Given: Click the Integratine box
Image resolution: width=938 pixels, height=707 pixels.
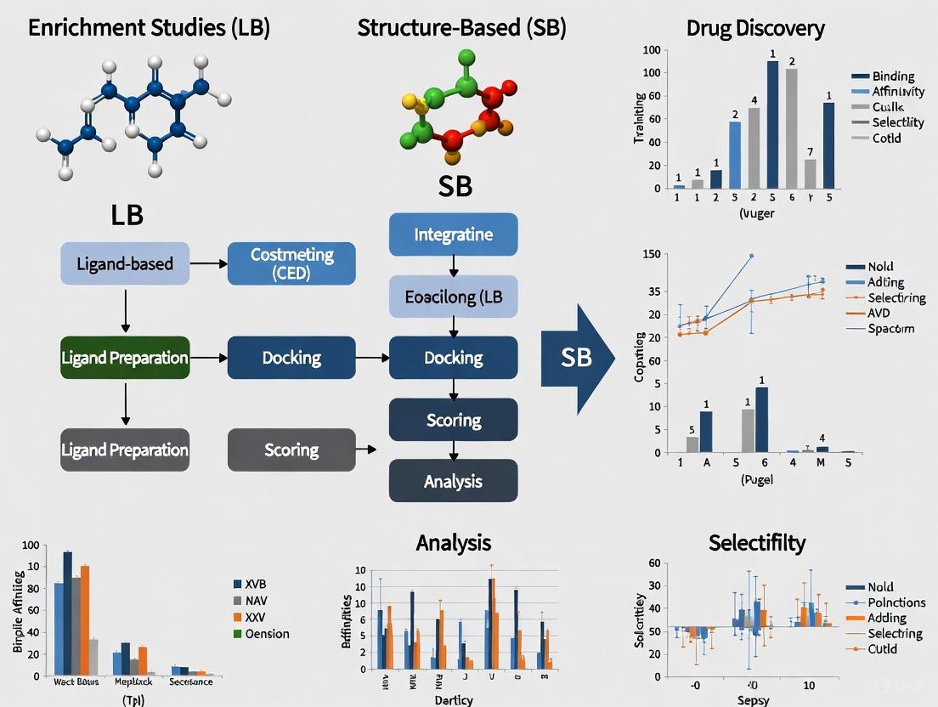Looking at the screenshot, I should (453, 235).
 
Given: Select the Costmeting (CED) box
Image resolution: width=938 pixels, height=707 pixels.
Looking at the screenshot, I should (291, 263).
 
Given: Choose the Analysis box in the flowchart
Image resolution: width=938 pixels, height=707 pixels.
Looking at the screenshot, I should (453, 481).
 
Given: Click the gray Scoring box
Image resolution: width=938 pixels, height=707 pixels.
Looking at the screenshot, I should (291, 450).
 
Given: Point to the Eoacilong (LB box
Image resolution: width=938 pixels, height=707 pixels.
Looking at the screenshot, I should (453, 297).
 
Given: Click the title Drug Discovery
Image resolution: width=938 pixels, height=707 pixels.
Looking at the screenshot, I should (755, 28).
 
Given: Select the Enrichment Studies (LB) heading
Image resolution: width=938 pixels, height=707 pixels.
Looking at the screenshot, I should (149, 28).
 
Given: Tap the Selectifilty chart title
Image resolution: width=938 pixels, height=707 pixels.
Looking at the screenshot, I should (757, 542).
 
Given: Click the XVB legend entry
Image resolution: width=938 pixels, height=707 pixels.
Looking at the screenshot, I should (256, 585).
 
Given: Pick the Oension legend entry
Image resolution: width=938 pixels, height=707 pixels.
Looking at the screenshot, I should (267, 634).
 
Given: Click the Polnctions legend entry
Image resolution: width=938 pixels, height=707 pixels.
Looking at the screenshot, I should (897, 602).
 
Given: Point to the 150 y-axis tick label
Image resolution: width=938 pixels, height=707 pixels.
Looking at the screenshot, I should (652, 255).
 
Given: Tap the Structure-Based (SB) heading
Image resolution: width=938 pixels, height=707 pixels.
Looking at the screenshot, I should (461, 28).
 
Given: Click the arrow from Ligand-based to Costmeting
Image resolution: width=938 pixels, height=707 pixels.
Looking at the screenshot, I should (208, 263).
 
